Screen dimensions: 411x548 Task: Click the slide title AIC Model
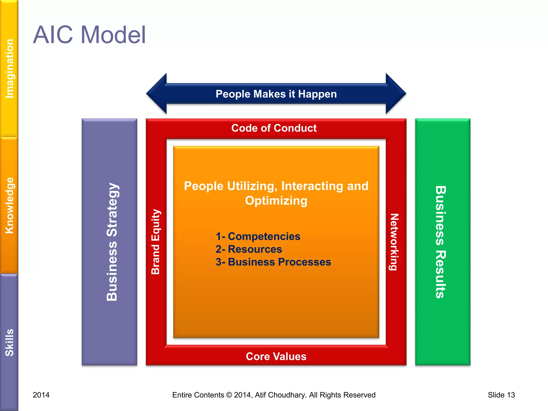coord(89,35)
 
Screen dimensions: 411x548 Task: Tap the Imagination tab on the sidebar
coord(10,68)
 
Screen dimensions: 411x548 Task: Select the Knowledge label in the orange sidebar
coord(10,205)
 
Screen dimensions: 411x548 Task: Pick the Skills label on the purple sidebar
coord(10,342)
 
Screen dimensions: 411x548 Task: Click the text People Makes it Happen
coord(276,94)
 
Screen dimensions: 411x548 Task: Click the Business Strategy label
coord(112,242)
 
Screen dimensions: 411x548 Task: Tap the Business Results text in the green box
coord(440,242)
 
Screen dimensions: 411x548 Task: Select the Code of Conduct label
coord(274,128)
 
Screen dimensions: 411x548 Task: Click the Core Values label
coord(276,356)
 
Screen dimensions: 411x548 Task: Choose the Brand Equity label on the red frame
coord(156,242)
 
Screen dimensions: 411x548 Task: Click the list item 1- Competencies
coord(258,237)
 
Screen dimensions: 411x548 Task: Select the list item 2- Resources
coord(249,249)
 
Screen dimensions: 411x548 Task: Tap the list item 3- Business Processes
coord(273,262)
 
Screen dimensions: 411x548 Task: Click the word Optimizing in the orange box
coord(276,201)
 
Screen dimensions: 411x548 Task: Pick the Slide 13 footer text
coord(501,395)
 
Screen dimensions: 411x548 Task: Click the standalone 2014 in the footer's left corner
coord(41,395)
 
